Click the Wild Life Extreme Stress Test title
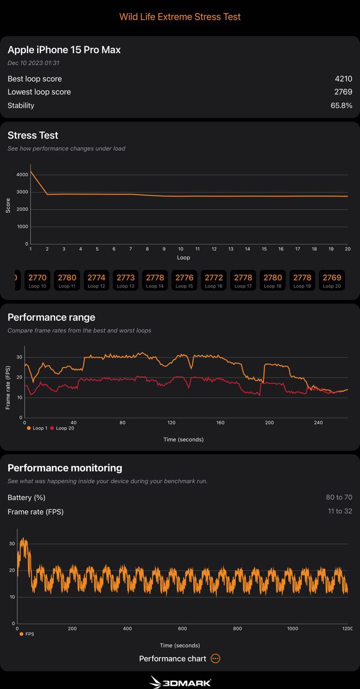click(180, 17)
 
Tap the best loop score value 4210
click(343, 79)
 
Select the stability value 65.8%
click(341, 106)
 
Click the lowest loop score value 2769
click(343, 92)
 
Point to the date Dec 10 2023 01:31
click(33, 63)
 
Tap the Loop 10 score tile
click(37, 280)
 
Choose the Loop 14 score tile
click(155, 280)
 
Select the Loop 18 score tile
click(272, 280)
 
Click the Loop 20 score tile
click(331, 280)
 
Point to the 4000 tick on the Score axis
click(22, 175)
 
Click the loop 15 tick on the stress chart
click(264, 249)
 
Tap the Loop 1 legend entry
click(37, 428)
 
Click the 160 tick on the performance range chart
click(220, 423)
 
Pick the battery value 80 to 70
click(338, 498)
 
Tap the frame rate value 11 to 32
click(340, 511)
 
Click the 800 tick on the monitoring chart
click(237, 629)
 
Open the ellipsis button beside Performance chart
click(215, 658)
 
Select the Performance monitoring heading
click(65, 468)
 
